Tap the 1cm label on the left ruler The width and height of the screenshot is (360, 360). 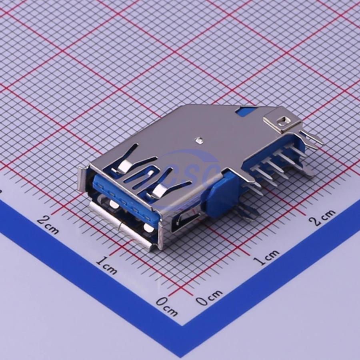[x=106, y=265]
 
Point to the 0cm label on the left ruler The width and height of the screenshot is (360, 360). [x=167, y=306]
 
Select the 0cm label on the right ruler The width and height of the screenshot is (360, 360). [x=209, y=297]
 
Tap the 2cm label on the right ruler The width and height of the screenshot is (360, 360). [x=322, y=217]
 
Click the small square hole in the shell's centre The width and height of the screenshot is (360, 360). [x=199, y=140]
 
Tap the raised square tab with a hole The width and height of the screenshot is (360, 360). [x=282, y=120]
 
